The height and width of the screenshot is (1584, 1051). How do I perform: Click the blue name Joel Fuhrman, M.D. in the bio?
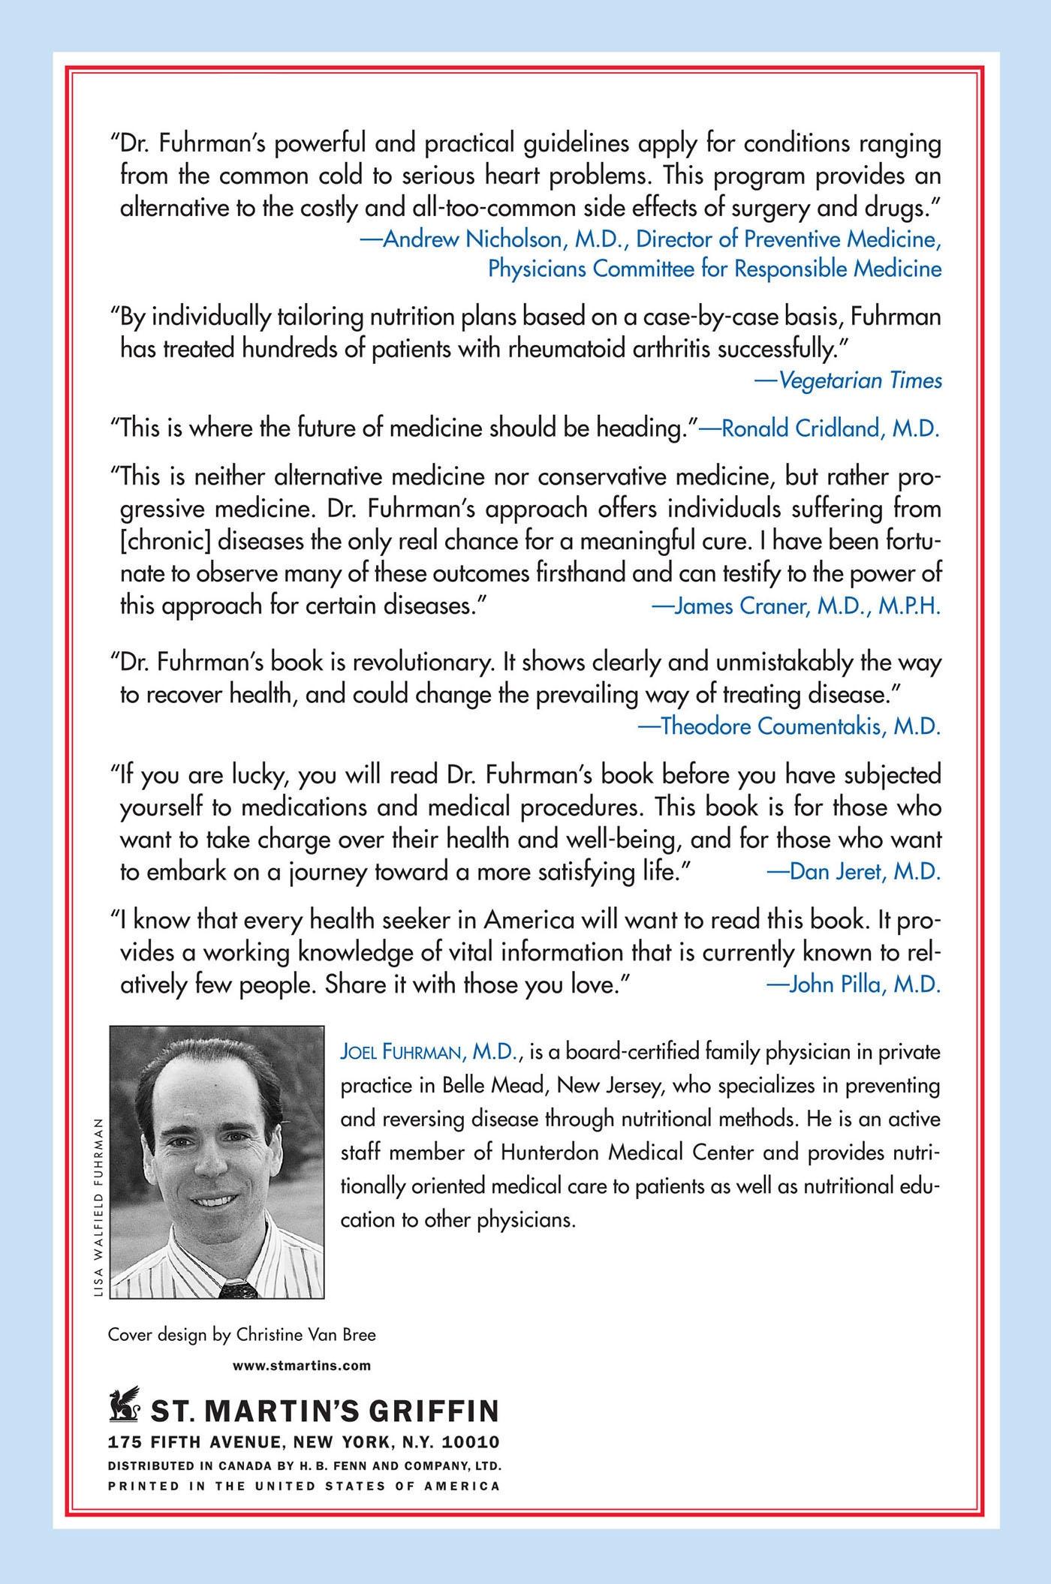click(431, 1053)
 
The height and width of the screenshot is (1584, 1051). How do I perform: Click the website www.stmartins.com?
click(302, 1365)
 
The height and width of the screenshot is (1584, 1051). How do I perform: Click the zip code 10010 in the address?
click(473, 1442)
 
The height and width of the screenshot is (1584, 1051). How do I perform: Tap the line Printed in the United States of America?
click(304, 1486)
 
